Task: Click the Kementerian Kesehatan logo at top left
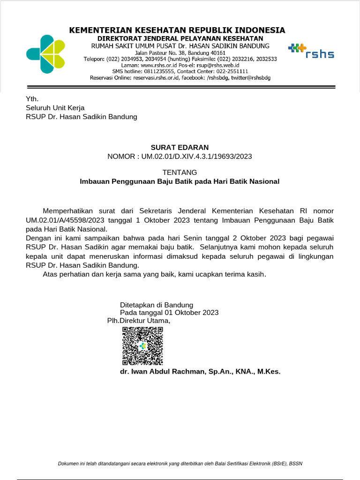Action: (46, 54)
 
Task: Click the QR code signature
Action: (142, 346)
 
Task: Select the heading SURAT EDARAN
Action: (180, 147)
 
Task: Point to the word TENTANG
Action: (180, 172)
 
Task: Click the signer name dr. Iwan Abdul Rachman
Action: (200, 372)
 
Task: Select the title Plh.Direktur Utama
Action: (139, 321)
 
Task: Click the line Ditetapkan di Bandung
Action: (157, 304)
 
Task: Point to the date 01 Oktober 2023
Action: (191, 313)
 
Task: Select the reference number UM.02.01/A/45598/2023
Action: (64, 220)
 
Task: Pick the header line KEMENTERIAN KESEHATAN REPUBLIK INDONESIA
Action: (177, 30)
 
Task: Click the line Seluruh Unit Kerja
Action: (55, 108)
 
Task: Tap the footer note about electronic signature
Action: (180, 464)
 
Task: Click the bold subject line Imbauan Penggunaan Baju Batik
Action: (180, 181)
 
